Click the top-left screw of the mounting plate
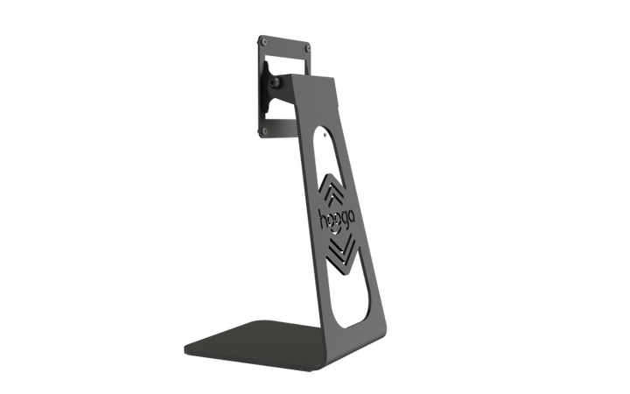click(x=263, y=41)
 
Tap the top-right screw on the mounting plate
click(x=307, y=48)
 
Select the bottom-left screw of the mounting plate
click(x=264, y=131)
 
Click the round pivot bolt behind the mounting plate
click(x=275, y=83)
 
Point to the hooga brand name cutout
click(x=337, y=220)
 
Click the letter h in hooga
click(x=323, y=219)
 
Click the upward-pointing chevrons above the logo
click(x=331, y=190)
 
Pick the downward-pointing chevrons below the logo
click(x=341, y=253)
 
